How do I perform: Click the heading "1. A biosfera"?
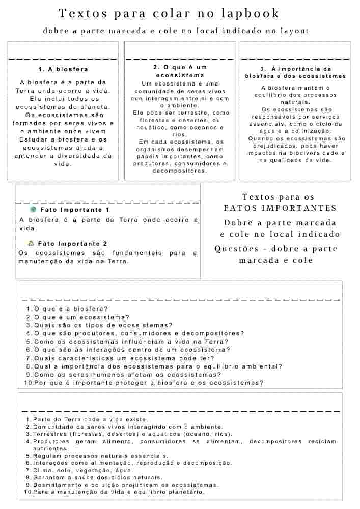pyautogui.click(x=63, y=69)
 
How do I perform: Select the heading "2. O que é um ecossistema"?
pyautogui.click(x=180, y=71)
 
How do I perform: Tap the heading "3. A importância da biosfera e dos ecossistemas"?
pyautogui.click(x=295, y=72)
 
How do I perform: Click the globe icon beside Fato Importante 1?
pyautogui.click(x=33, y=209)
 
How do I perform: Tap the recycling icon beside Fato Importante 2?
pyautogui.click(x=31, y=243)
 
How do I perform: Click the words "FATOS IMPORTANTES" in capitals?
pyautogui.click(x=280, y=208)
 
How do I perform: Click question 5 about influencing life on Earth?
pyautogui.click(x=131, y=342)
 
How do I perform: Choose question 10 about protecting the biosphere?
pyautogui.click(x=148, y=383)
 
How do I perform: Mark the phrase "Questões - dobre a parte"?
pyautogui.click(x=276, y=249)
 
